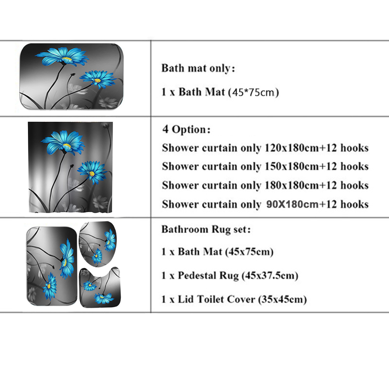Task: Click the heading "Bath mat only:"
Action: tap(198, 69)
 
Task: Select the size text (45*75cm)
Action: tap(253, 93)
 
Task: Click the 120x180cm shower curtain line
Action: tap(265, 148)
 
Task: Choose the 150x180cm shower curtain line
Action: tap(265, 167)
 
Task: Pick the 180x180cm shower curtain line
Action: tap(265, 185)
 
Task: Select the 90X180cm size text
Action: tap(292, 204)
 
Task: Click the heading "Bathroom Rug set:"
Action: tap(206, 229)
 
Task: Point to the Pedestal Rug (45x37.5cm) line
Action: tap(230, 276)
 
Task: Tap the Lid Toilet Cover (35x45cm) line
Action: tap(234, 299)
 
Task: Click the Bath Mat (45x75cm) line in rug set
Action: tap(217, 252)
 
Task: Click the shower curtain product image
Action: tap(70, 167)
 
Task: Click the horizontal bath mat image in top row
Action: tap(71, 76)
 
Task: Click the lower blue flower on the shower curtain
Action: tap(92, 172)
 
